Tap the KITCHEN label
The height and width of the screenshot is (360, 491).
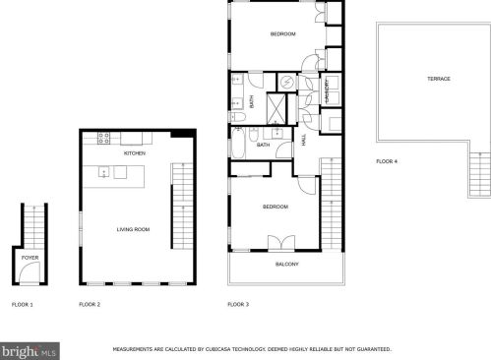click(x=135, y=154)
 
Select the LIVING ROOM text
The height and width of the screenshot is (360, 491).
click(x=133, y=229)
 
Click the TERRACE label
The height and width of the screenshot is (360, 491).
click(x=439, y=79)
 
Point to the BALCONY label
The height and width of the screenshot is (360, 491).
click(x=286, y=265)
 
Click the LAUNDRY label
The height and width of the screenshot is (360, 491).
click(x=328, y=90)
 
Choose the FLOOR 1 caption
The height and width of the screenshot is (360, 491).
click(x=22, y=305)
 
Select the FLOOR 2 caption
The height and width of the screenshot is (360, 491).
click(x=90, y=305)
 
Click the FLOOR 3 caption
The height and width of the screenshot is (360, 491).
click(x=238, y=305)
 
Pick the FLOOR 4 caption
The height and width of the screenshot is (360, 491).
click(x=387, y=160)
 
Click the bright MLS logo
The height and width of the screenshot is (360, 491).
click(x=30, y=349)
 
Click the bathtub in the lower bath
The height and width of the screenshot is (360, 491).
click(x=276, y=133)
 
